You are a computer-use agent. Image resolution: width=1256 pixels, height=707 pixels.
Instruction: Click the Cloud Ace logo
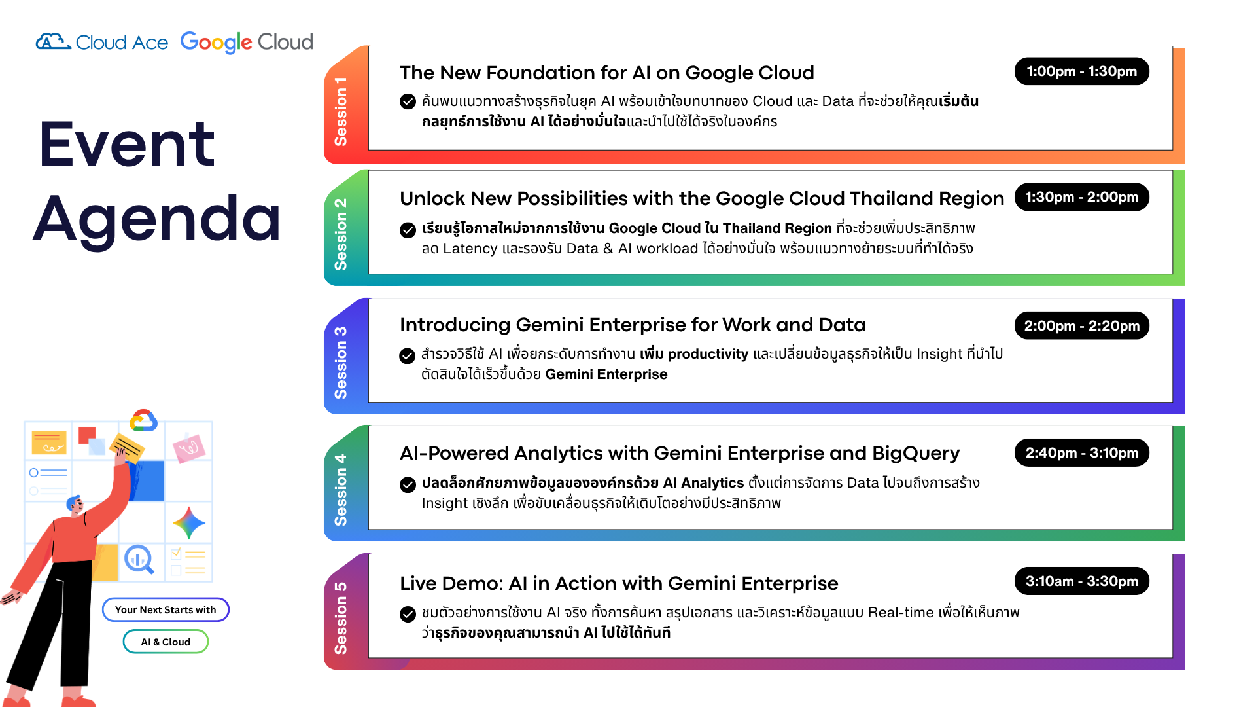102,42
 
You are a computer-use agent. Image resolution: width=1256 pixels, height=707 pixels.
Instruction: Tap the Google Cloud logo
247,42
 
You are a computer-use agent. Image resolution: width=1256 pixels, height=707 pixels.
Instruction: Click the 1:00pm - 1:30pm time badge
1081,71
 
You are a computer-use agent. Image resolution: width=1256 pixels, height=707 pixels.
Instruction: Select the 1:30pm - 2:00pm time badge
1081,197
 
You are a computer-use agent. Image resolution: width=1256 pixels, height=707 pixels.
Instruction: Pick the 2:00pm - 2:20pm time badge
1081,325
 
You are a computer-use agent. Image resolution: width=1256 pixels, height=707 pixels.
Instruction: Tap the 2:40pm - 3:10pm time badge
1081,452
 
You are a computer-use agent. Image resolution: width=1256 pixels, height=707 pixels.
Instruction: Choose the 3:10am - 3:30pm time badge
1081,581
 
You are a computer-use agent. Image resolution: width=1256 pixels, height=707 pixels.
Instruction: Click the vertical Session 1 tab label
340,111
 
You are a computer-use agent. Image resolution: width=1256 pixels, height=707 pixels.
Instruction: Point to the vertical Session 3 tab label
340,363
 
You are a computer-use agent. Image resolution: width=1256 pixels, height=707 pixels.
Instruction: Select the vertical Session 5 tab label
340,618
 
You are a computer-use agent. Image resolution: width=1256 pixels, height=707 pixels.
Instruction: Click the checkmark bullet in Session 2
408,230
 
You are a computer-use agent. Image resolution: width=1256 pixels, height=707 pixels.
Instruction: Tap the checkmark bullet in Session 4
408,484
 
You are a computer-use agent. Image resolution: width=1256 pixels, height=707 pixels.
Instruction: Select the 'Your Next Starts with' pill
166,609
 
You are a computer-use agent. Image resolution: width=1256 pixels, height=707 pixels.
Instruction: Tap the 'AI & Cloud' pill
166,642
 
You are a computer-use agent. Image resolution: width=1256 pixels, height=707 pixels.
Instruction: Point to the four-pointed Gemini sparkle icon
189,523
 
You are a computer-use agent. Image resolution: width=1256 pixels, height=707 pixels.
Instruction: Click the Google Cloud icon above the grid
143,420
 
